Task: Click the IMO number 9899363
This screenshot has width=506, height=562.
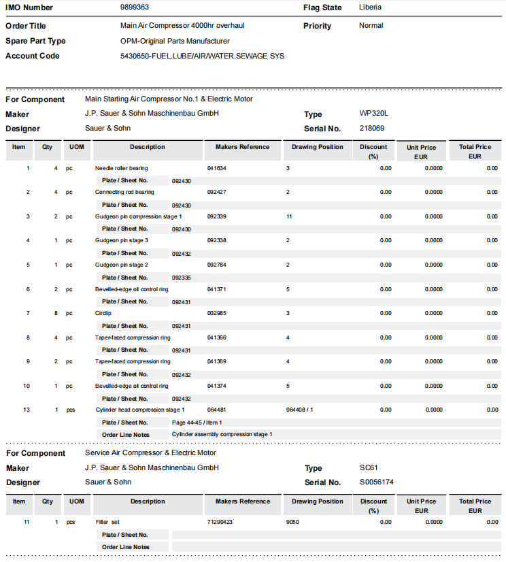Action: click(x=135, y=7)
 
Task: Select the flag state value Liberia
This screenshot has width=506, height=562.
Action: click(x=370, y=7)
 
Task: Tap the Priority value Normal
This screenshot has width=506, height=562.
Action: click(x=371, y=26)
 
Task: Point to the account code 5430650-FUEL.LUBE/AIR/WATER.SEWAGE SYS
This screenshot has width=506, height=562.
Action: click(x=202, y=56)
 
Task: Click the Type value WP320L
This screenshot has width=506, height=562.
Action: click(x=373, y=114)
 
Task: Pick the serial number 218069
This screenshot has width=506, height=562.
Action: click(x=371, y=128)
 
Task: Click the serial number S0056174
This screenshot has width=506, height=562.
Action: click(x=376, y=482)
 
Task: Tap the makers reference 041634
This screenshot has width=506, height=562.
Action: click(x=216, y=168)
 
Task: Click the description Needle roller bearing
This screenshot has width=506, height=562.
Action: click(x=121, y=168)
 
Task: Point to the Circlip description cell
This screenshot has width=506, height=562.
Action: click(x=102, y=314)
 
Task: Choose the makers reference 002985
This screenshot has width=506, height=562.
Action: click(x=216, y=314)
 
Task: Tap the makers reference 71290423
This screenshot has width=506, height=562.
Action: click(x=220, y=523)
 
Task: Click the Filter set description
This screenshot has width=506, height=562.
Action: click(x=107, y=523)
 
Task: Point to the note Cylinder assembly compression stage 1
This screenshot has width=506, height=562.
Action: click(x=222, y=434)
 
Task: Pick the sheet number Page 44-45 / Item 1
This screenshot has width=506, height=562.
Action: click(x=197, y=423)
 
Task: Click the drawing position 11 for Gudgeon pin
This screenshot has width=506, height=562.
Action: click(x=289, y=216)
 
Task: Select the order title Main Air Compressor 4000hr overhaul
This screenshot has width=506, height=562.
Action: click(x=182, y=26)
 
